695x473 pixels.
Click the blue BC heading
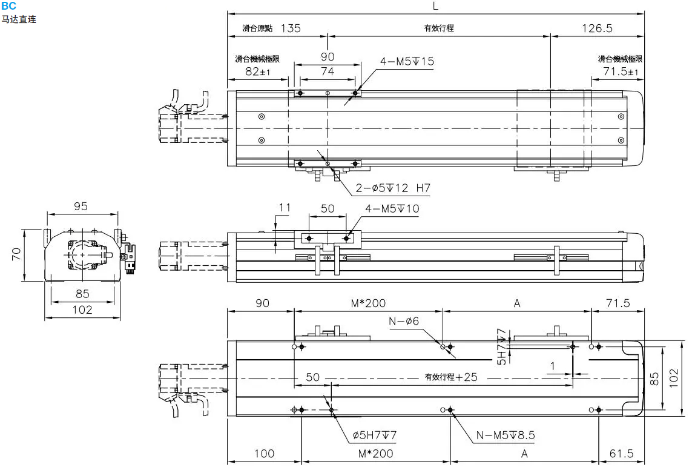[8, 5]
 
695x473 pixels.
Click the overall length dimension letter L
[435, 5]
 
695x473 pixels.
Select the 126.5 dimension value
[597, 28]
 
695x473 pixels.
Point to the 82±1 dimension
[258, 72]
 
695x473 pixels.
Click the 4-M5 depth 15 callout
[407, 61]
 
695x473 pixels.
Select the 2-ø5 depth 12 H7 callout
[392, 188]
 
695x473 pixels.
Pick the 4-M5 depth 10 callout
[392, 209]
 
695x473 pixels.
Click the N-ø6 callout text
[404, 321]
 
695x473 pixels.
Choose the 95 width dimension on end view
[81, 207]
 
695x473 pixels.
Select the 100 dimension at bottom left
[264, 453]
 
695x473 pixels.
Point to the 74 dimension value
[327, 71]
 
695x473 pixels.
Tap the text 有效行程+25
[450, 377]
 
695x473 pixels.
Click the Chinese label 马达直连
[19, 19]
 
